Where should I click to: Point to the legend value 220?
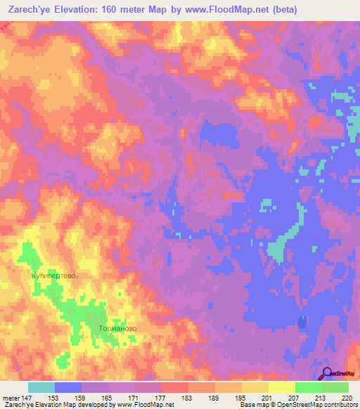click(x=345, y=397)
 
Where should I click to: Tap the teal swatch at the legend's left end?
click(x=41, y=387)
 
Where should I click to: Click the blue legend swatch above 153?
click(x=67, y=387)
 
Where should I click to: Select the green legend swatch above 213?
click(x=308, y=387)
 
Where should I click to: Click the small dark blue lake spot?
click(x=302, y=323)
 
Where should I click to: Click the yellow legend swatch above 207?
click(x=281, y=387)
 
